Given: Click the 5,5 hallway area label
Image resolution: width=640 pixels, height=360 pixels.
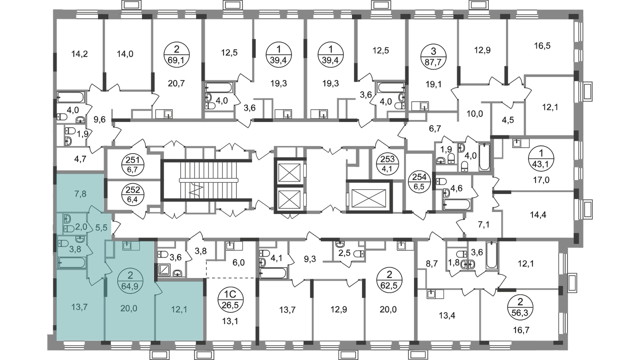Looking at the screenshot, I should tap(102, 228).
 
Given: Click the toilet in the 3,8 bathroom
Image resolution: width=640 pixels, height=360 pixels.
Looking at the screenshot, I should tap(63, 243).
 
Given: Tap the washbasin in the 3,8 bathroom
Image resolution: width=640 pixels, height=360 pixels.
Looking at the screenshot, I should tap(80, 240).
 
